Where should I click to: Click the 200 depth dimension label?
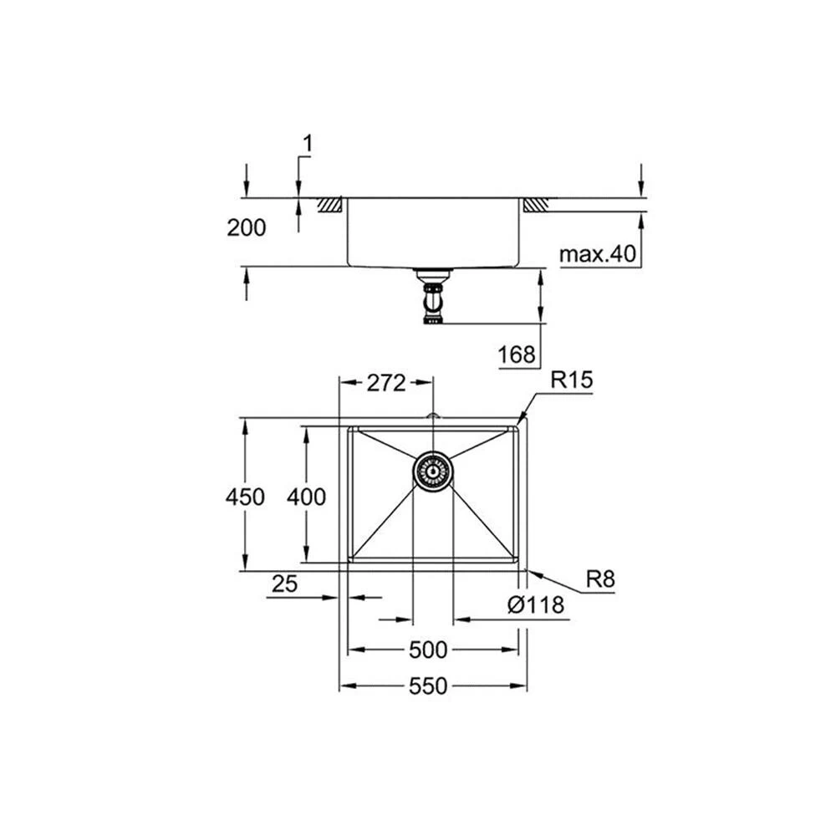click(x=247, y=227)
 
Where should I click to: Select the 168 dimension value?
click(x=517, y=354)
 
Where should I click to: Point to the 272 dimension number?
click(x=386, y=383)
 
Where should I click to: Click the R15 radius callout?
click(x=571, y=380)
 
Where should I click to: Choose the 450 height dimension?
click(x=245, y=497)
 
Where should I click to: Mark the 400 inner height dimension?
click(x=306, y=497)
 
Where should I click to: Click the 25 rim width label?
click(x=284, y=584)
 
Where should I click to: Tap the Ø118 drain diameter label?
click(x=535, y=605)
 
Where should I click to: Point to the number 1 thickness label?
click(x=307, y=145)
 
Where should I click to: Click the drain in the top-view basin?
click(x=433, y=471)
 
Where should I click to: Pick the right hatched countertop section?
click(x=535, y=205)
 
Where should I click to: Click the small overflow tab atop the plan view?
click(x=433, y=415)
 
